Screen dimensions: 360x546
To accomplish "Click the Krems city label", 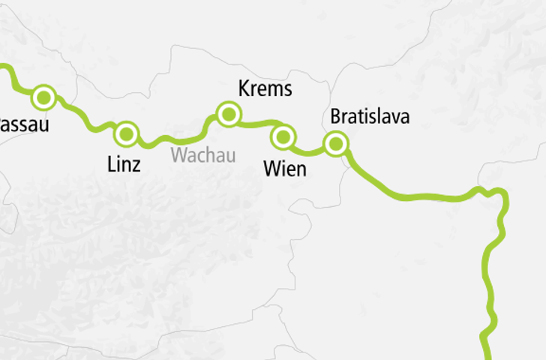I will coord(265,89).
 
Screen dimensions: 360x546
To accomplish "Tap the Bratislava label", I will coord(370,117).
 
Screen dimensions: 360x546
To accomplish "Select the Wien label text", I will coord(285,169).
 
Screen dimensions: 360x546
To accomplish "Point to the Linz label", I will coord(124,165).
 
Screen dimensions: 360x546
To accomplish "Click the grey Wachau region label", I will coord(203,155).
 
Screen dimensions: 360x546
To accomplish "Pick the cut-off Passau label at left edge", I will coord(23,124).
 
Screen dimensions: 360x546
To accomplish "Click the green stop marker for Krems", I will coord(227,114).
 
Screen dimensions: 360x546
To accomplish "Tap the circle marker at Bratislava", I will coord(336,142).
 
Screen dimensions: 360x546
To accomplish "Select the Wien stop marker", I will coord(283,136).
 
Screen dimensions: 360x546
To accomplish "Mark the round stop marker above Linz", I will coord(127,134).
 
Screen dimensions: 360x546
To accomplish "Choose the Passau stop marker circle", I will coord(43,97).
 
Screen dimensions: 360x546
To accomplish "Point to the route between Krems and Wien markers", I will coord(257,122).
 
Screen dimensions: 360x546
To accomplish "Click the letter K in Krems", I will coord(244,89).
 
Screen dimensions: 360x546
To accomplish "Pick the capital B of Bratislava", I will coord(335,117).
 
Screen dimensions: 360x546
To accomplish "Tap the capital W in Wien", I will coord(271,169).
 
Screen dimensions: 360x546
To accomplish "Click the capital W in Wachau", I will coord(178,155).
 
